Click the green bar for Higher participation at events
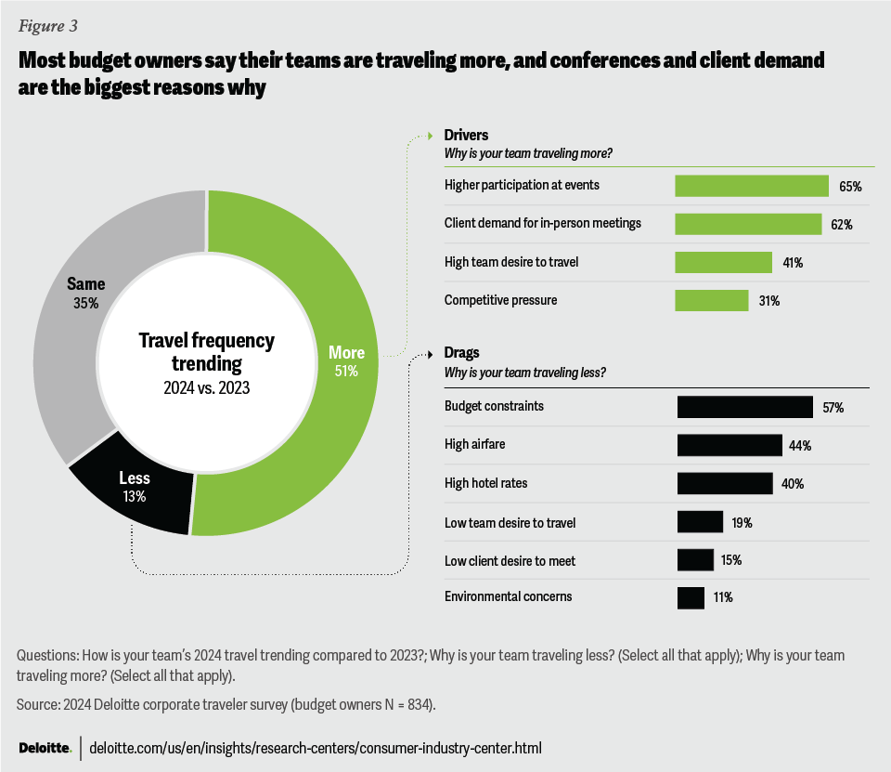[x=751, y=186]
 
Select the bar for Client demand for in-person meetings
[x=747, y=224]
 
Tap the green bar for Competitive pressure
[x=711, y=300]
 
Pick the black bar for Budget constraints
[x=745, y=407]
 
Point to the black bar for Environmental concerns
[x=691, y=597]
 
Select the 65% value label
[x=850, y=187]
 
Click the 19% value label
[x=741, y=522]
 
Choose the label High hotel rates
[x=485, y=484]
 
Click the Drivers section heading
[x=466, y=136]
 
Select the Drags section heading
[x=463, y=354]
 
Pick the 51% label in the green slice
[x=344, y=371]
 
